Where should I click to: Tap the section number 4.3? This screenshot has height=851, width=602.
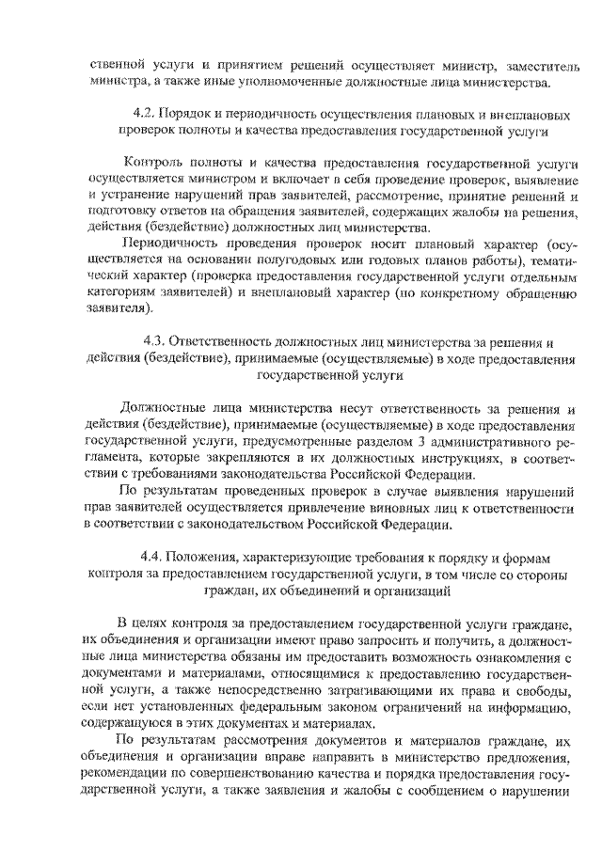tap(154, 342)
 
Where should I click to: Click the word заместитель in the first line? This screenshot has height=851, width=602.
tap(534, 66)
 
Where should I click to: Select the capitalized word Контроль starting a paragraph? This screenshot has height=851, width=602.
tap(153, 162)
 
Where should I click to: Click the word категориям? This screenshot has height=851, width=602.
tap(124, 293)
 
